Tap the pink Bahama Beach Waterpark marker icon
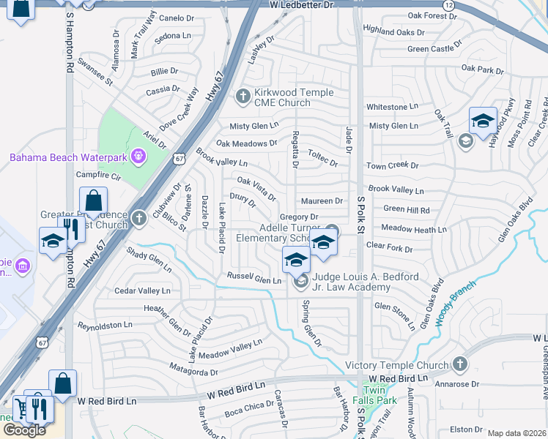[138, 156]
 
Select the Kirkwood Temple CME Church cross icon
[243, 97]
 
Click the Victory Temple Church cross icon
[459, 364]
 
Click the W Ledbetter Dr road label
[301, 5]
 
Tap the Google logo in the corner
[24, 430]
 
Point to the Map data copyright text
[517, 433]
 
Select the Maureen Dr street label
[322, 201]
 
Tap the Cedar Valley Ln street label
[142, 291]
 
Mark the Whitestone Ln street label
[392, 107]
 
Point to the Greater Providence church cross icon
[139, 217]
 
